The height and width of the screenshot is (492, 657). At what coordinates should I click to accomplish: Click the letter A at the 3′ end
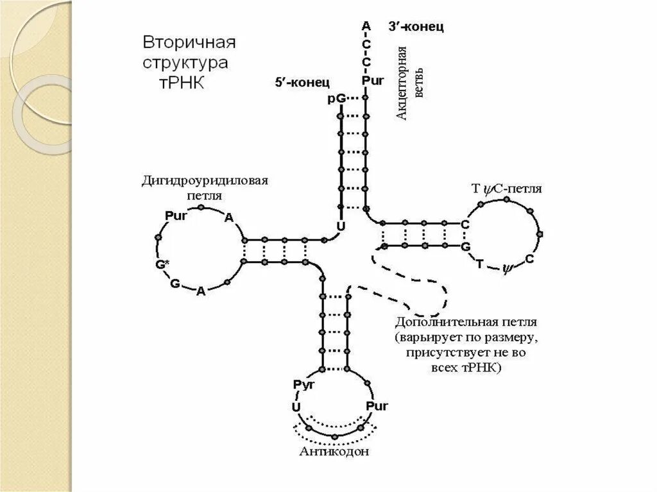pos(366,25)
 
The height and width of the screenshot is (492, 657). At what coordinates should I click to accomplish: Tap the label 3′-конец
pos(416,27)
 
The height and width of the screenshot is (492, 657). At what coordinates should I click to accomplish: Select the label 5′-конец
pos(302,82)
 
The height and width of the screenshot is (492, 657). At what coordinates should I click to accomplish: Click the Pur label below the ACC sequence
pos(371,80)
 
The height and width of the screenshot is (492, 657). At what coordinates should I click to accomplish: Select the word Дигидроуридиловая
pos(204,180)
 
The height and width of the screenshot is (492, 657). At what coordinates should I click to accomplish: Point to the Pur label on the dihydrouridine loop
pos(176,216)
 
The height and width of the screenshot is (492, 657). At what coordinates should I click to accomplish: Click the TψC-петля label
pos(507,189)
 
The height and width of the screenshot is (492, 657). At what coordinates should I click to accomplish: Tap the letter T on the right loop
pos(479,264)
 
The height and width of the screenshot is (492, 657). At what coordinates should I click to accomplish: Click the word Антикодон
pos(334,452)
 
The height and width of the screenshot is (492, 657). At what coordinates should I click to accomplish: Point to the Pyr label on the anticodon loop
pos(302,384)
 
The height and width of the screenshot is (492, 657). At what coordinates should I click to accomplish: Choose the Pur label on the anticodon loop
pos(377,406)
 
